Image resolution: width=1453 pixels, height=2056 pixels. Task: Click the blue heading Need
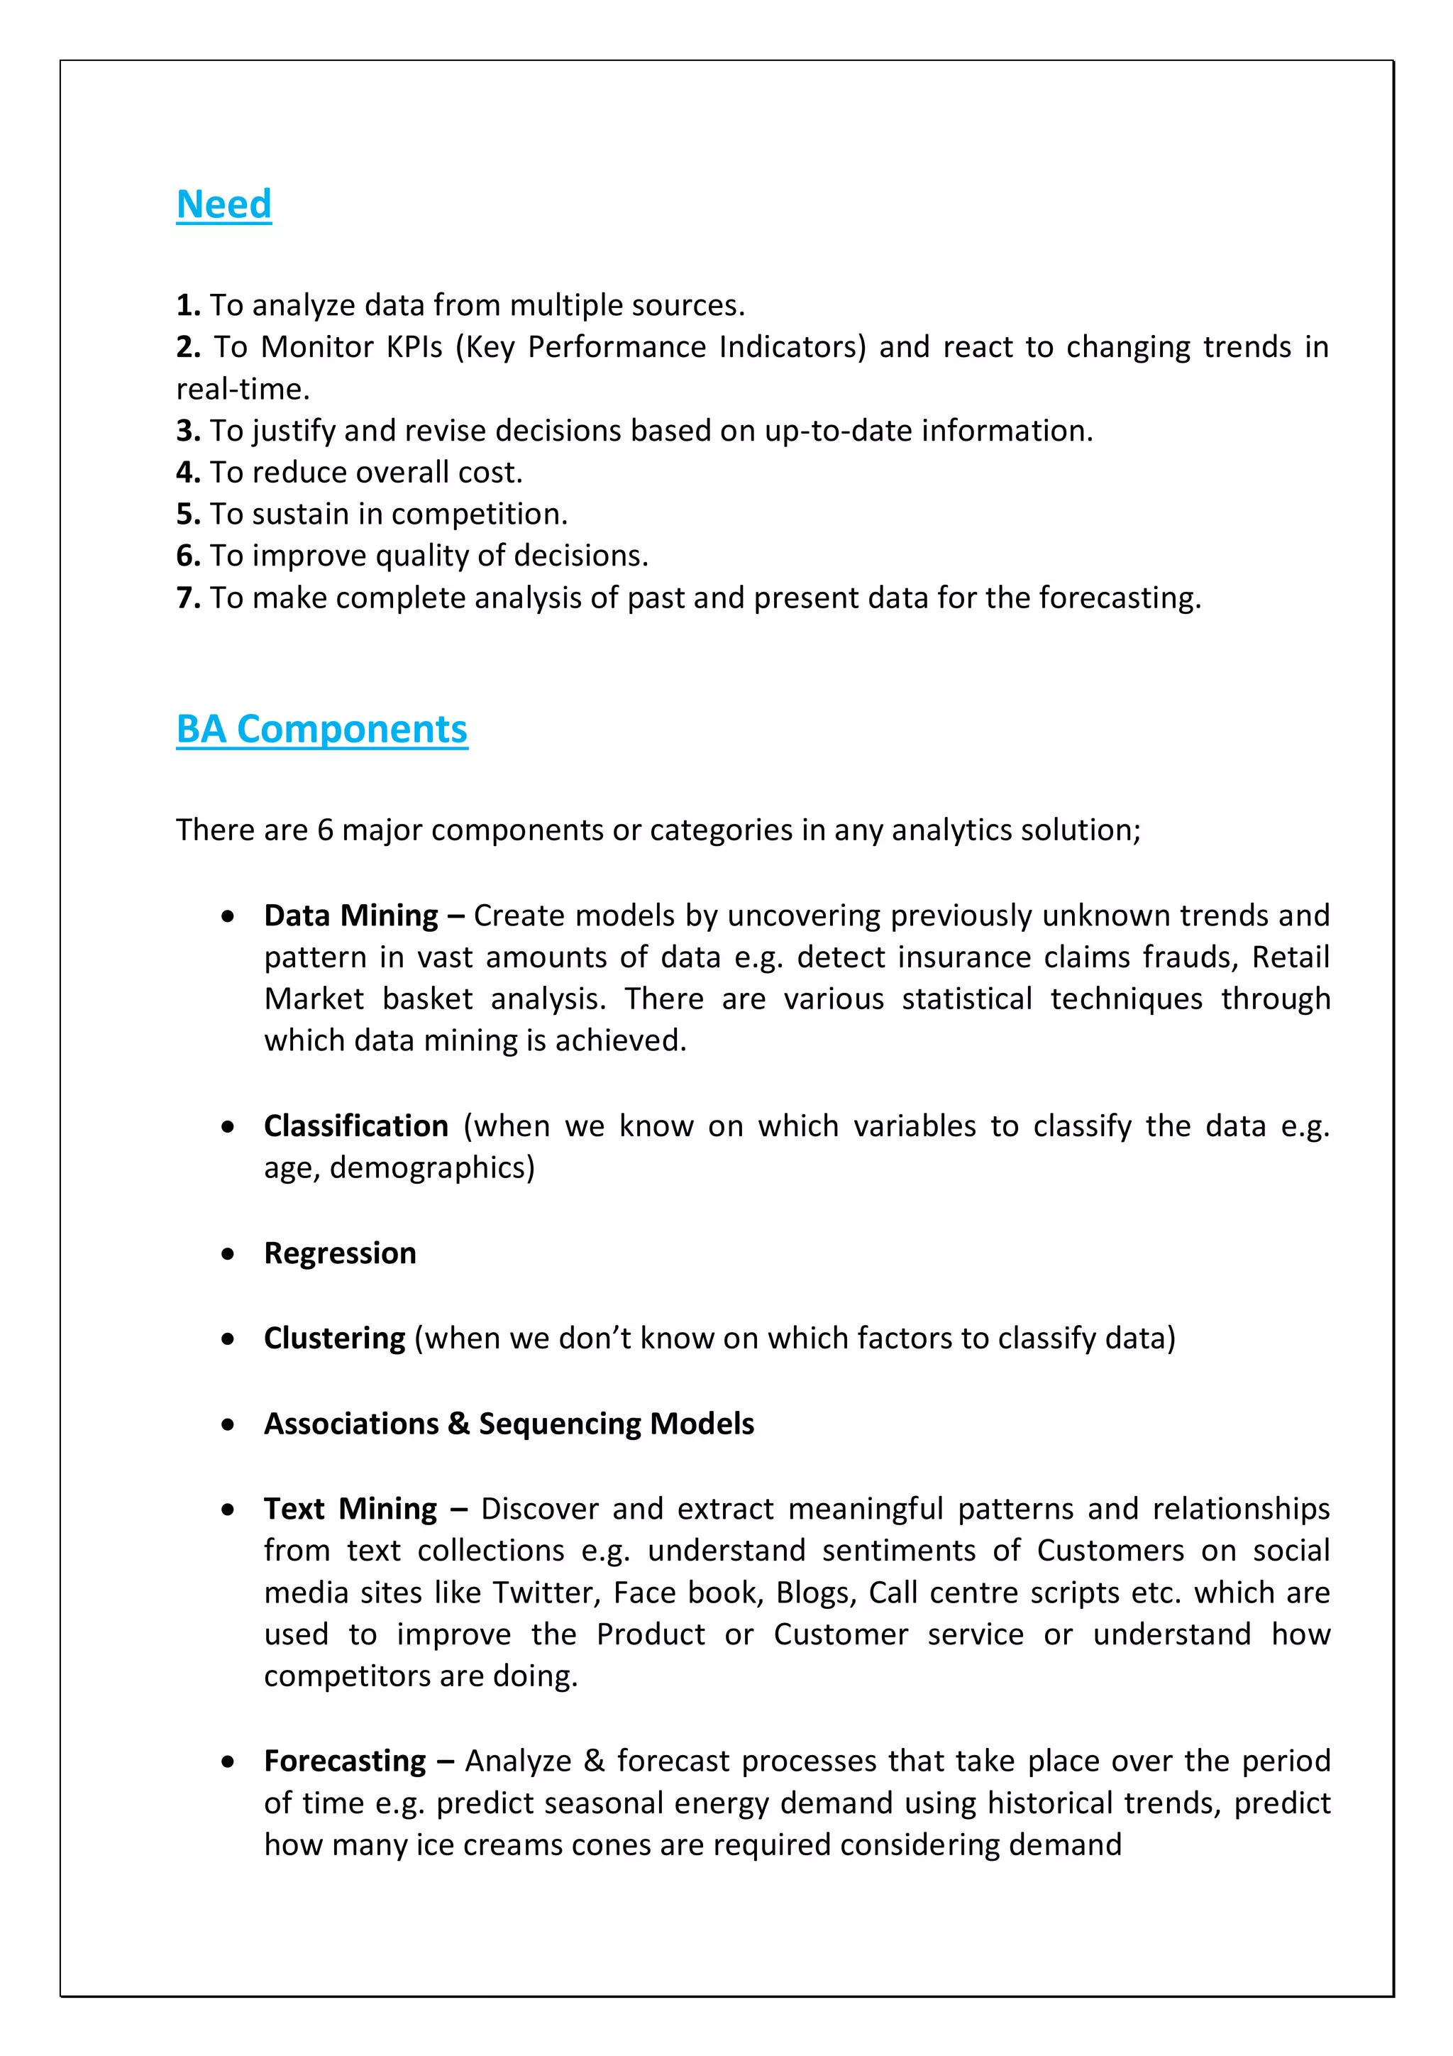tap(223, 204)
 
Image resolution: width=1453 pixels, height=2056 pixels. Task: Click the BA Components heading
tap(321, 729)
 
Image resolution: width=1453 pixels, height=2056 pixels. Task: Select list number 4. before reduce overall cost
tap(188, 472)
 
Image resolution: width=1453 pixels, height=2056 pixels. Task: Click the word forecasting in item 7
tap(1119, 598)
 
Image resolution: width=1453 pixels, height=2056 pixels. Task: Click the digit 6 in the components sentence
tap(325, 830)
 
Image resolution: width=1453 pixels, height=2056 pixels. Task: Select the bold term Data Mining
tap(351, 916)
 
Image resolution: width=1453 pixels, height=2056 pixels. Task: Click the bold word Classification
tap(355, 1126)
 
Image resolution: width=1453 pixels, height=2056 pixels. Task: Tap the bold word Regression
tap(339, 1253)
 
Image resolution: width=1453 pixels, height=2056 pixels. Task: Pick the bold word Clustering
tap(334, 1338)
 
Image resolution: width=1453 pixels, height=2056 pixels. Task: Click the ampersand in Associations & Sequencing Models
tap(458, 1424)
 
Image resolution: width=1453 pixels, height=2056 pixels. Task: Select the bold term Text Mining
tap(350, 1509)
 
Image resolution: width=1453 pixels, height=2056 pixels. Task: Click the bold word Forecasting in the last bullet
tap(345, 1761)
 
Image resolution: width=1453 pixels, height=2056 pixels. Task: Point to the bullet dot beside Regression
tap(228, 1253)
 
